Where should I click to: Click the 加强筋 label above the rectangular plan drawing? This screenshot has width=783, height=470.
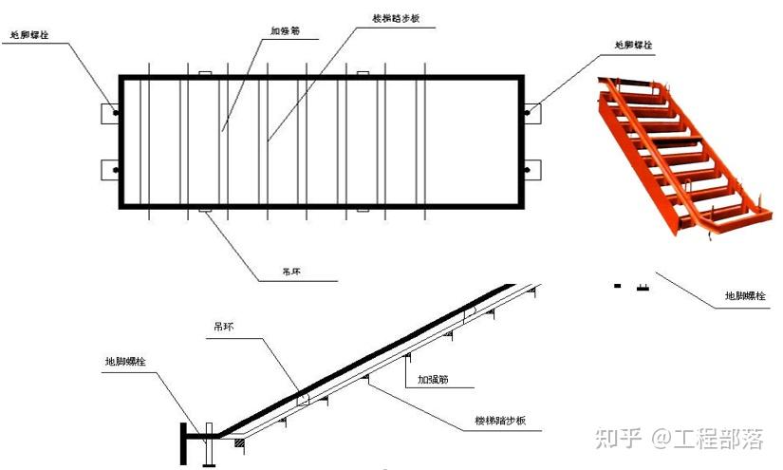tap(285, 30)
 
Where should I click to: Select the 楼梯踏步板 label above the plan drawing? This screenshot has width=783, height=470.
tap(395, 18)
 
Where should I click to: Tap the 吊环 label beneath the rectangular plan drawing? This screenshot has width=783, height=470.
tap(291, 273)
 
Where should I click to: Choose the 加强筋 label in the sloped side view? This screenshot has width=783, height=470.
tap(432, 380)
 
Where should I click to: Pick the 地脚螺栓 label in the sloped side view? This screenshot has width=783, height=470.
tap(124, 362)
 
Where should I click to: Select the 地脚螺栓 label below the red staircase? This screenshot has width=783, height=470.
tap(743, 296)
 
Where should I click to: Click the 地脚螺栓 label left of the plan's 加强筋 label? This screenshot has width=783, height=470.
tap(28, 35)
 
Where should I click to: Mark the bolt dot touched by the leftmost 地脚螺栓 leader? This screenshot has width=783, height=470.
tap(117, 113)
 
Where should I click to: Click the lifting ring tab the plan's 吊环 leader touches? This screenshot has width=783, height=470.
tap(203, 209)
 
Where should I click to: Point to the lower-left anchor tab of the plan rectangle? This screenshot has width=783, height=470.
tap(108, 170)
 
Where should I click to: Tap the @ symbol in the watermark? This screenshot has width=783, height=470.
tap(659, 439)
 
